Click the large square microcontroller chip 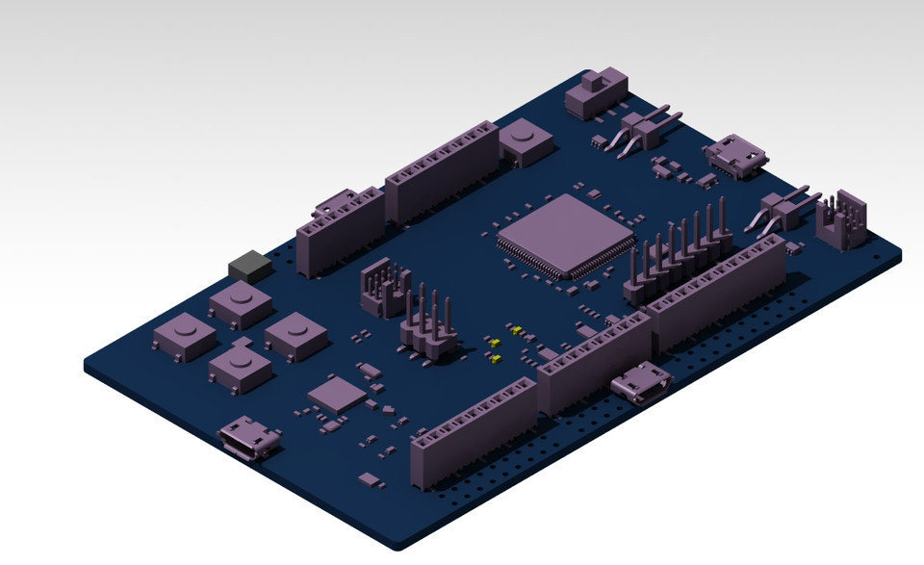pos(566,235)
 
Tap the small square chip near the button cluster pos(337,394)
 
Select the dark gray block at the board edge pos(250,266)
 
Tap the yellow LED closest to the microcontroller pos(517,330)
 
